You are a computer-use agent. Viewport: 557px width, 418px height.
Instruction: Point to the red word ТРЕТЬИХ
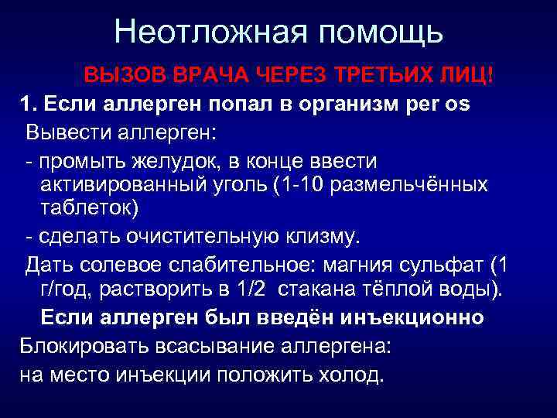[386, 77]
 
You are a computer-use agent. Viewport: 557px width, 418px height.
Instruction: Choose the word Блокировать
[82, 345]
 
